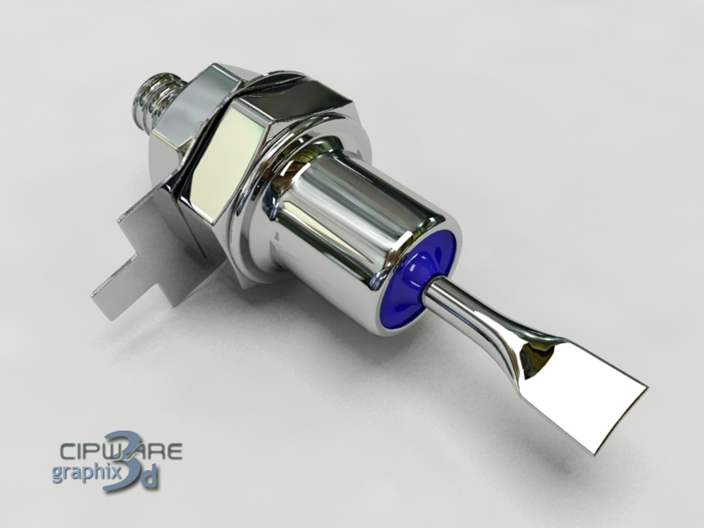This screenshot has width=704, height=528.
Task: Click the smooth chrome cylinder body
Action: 357,215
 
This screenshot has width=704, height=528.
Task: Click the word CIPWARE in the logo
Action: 120,451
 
